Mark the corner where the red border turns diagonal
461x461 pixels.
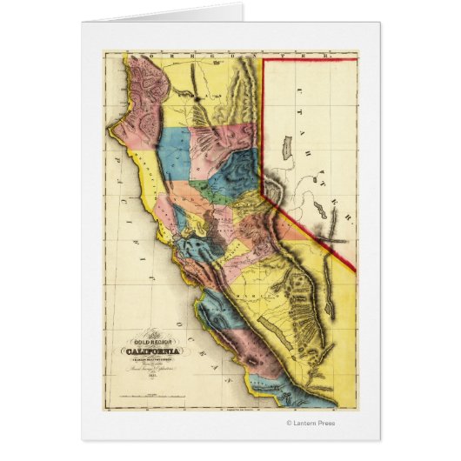point(265,197)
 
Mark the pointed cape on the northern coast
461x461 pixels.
point(108,129)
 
